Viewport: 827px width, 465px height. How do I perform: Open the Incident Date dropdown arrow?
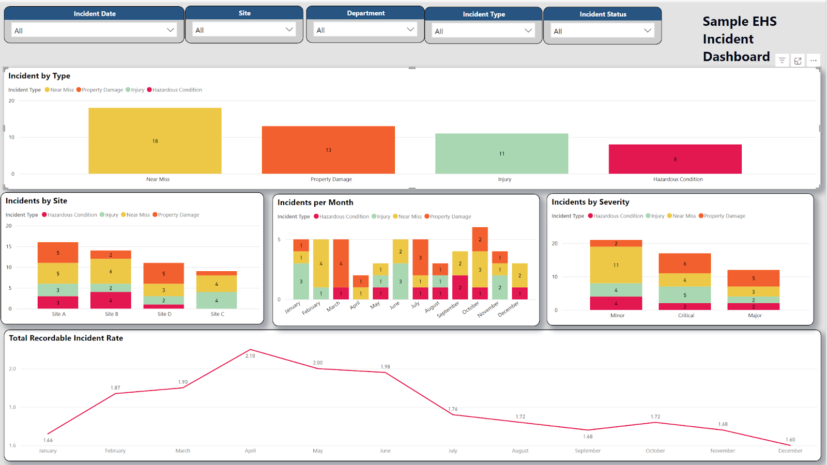click(x=170, y=30)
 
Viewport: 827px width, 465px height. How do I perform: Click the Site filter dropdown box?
click(x=244, y=30)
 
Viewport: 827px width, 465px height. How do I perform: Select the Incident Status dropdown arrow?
click(x=647, y=30)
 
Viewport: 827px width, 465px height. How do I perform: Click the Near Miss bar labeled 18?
click(x=155, y=141)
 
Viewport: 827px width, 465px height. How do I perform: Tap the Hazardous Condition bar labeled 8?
click(x=675, y=159)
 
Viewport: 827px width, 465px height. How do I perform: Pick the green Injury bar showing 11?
click(x=501, y=153)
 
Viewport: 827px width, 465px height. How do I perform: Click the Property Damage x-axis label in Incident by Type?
click(x=331, y=179)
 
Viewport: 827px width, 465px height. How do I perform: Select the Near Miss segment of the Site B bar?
click(x=111, y=271)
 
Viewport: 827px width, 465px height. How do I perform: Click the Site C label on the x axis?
click(x=217, y=314)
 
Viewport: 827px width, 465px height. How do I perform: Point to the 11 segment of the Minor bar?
click(x=616, y=265)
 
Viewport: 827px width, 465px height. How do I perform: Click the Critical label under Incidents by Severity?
click(x=686, y=315)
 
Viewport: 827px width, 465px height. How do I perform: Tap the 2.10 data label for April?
click(x=250, y=356)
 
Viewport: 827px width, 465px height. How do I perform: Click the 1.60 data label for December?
click(x=790, y=440)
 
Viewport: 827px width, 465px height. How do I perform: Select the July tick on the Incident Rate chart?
click(x=453, y=451)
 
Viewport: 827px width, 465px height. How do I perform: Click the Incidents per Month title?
click(x=315, y=203)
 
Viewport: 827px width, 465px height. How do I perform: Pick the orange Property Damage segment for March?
click(x=341, y=263)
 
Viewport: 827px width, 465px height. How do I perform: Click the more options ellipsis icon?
click(x=814, y=60)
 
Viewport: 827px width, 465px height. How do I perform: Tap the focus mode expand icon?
click(x=798, y=60)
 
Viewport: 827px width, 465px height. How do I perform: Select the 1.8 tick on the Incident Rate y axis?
click(x=12, y=407)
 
